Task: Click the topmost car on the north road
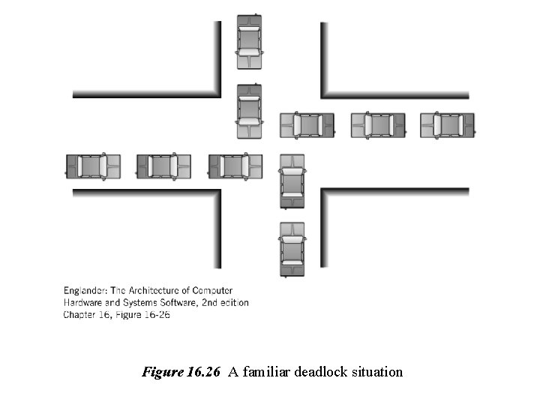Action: coord(249,42)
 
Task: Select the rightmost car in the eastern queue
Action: coord(448,124)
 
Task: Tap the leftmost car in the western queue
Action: coord(93,166)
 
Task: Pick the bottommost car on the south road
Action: coord(292,249)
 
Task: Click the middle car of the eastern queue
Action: coord(379,124)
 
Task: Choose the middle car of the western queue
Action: coord(163,166)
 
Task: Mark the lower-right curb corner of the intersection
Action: coord(325,193)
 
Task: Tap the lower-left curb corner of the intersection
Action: coord(217,193)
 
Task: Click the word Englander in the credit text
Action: coord(88,290)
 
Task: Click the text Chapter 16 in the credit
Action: coord(86,315)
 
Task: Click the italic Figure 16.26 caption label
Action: coord(181,371)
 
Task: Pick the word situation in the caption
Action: coord(378,371)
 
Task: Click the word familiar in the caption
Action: coord(265,371)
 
